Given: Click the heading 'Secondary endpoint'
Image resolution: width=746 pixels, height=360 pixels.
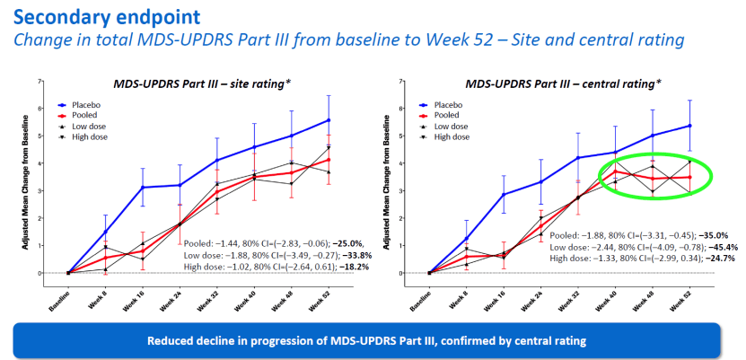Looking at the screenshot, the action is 107,17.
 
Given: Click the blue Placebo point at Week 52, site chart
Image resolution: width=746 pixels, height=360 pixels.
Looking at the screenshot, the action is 329,120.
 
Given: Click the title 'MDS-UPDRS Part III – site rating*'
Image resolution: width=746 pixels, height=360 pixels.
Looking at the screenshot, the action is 202,84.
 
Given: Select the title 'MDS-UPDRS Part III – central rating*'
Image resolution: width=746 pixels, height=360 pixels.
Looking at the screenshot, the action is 564,84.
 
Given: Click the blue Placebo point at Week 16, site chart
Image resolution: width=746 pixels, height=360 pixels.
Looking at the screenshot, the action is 142,188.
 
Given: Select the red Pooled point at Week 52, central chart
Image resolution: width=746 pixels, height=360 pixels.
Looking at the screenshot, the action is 689,177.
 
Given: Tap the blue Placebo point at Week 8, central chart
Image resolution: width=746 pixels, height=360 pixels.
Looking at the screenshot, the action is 466,238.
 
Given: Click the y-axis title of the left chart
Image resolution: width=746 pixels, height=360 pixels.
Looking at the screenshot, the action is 28,181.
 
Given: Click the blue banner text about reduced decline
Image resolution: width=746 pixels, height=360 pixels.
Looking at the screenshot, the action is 366,341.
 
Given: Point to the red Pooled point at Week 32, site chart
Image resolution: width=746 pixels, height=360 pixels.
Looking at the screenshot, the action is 216,193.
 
